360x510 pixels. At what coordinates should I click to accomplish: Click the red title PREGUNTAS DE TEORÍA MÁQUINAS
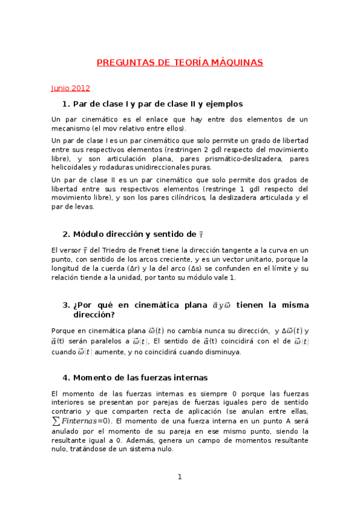[x=180, y=63]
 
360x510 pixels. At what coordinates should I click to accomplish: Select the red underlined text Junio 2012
[x=70, y=88]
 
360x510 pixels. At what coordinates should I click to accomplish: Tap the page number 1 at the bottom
[x=179, y=477]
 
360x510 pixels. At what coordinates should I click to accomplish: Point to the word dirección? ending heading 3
[x=94, y=314]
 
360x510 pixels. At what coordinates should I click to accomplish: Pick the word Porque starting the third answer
[x=66, y=330]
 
